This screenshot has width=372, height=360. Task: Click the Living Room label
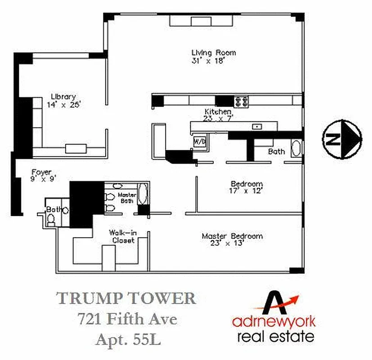[213, 53]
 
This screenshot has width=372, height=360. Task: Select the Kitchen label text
[218, 112]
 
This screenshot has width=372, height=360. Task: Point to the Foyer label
[41, 172]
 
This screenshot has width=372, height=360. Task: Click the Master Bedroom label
[232, 236]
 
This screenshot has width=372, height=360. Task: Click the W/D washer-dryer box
[200, 141]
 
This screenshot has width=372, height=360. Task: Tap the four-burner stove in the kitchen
[241, 101]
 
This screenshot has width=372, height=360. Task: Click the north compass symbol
[342, 139]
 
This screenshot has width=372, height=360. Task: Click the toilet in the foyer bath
[51, 219]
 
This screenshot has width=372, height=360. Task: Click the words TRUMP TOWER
[126, 299]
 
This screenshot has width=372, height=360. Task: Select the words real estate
[273, 337]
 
